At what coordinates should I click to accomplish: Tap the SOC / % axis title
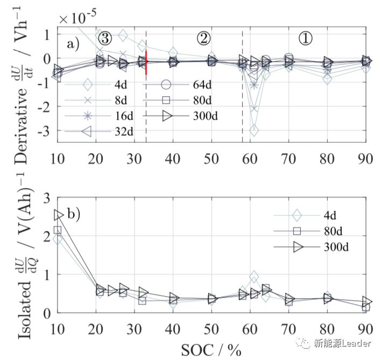[x=211, y=349]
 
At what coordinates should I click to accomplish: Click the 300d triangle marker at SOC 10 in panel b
[x=59, y=215]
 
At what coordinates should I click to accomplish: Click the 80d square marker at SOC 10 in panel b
[x=58, y=230]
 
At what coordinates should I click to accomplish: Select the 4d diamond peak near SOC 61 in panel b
[x=254, y=277]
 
